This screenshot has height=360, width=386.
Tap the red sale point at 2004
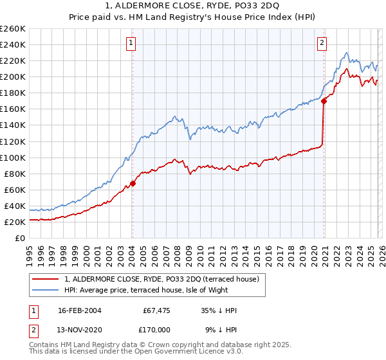tap(133, 183)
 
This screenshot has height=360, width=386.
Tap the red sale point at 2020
tap(324, 100)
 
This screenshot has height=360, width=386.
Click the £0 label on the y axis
tap(20, 239)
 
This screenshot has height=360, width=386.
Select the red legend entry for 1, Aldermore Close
tap(161, 279)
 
